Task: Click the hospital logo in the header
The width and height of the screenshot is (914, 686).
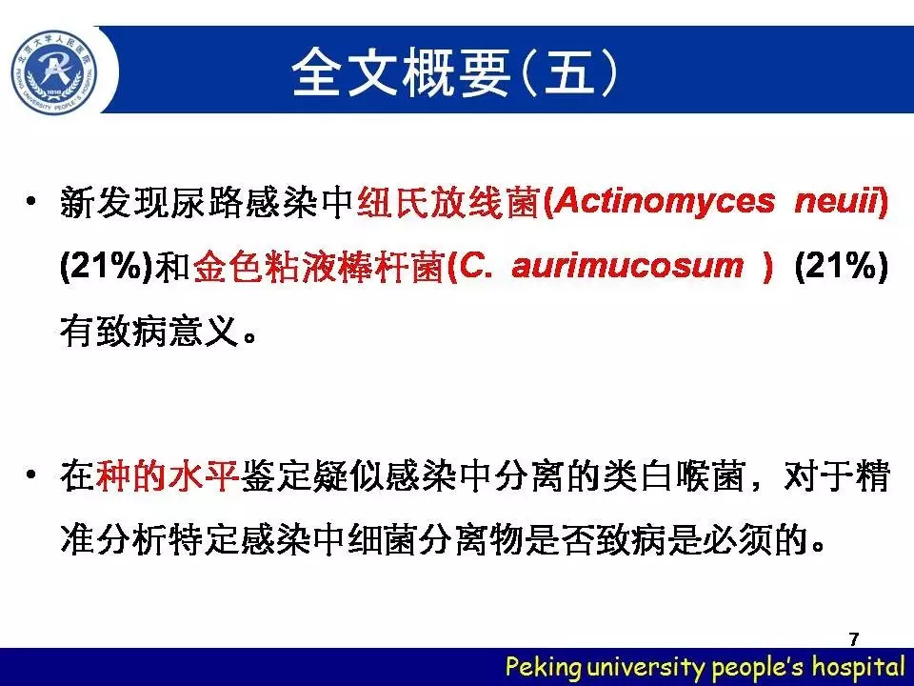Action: coord(54,71)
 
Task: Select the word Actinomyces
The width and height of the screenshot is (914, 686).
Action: coord(666,202)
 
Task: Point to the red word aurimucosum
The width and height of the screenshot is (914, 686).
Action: coord(627,267)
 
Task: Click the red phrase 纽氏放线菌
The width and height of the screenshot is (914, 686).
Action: coord(448,202)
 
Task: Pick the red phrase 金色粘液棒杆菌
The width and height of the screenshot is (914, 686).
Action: coord(318,267)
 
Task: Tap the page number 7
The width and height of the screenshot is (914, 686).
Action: coord(854,638)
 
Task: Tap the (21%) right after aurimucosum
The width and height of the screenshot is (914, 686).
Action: coord(841,267)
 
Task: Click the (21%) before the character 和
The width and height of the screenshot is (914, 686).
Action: coord(107,267)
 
